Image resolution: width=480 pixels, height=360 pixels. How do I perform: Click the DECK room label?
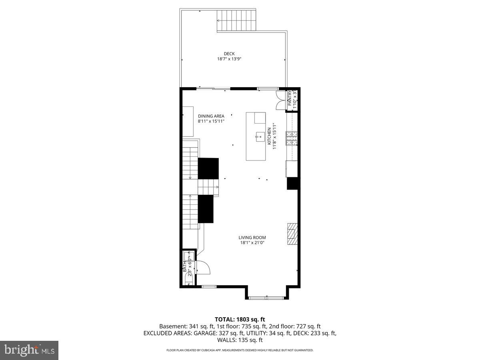[x=229, y=54]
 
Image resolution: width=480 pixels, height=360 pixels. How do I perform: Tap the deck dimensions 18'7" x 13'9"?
[x=229, y=59]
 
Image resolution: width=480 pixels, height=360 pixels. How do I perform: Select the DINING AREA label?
[x=211, y=116]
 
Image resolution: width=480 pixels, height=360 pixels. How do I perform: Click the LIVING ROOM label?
[x=252, y=237]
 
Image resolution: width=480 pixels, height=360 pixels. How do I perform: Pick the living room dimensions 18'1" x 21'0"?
[x=252, y=242]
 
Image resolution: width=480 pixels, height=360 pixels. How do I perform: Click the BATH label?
[x=185, y=266]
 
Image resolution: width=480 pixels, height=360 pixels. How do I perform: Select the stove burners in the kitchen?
[x=291, y=138]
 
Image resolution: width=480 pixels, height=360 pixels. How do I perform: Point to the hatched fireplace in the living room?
[x=292, y=234]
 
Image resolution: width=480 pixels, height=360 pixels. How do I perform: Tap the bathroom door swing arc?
[x=204, y=267]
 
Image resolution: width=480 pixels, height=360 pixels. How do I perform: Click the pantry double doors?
[x=280, y=100]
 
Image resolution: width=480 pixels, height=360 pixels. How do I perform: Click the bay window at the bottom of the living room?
[x=266, y=298]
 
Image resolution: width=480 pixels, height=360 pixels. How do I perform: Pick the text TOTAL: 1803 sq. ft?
[x=240, y=319]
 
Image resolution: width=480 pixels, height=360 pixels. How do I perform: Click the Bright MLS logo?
[x=29, y=350]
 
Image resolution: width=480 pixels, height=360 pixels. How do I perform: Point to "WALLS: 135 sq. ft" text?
[x=240, y=340]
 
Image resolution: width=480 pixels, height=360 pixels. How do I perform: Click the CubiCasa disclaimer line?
[x=240, y=350]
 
